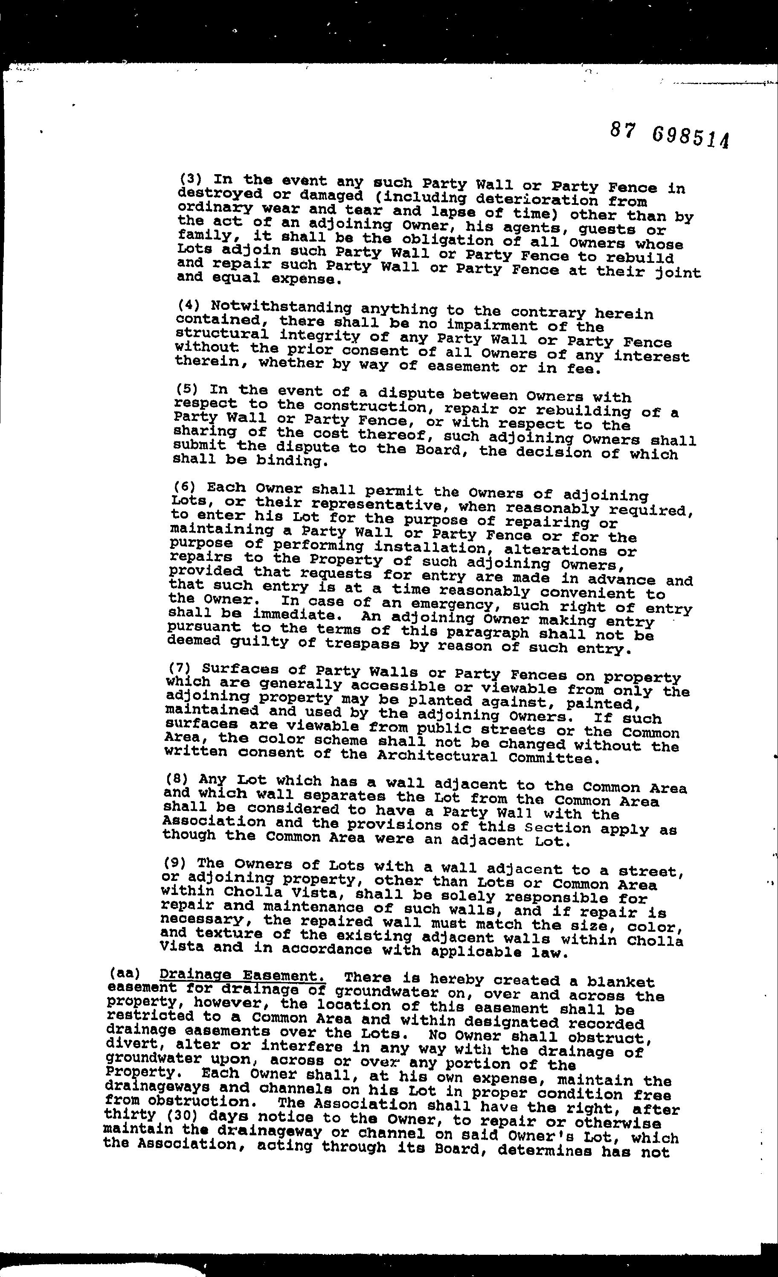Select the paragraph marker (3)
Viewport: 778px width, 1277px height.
(189, 180)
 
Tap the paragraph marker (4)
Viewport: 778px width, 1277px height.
(187, 305)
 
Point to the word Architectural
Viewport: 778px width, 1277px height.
(437, 757)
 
